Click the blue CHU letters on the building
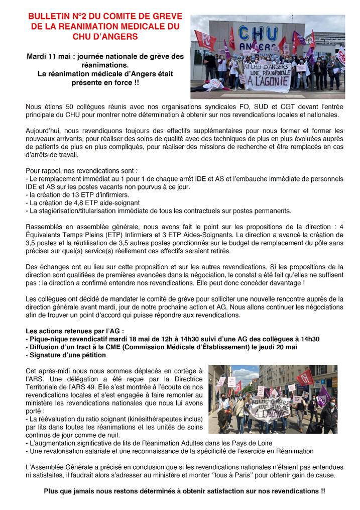(257, 34)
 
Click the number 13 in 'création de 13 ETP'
(69, 194)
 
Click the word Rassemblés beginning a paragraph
(44, 227)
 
